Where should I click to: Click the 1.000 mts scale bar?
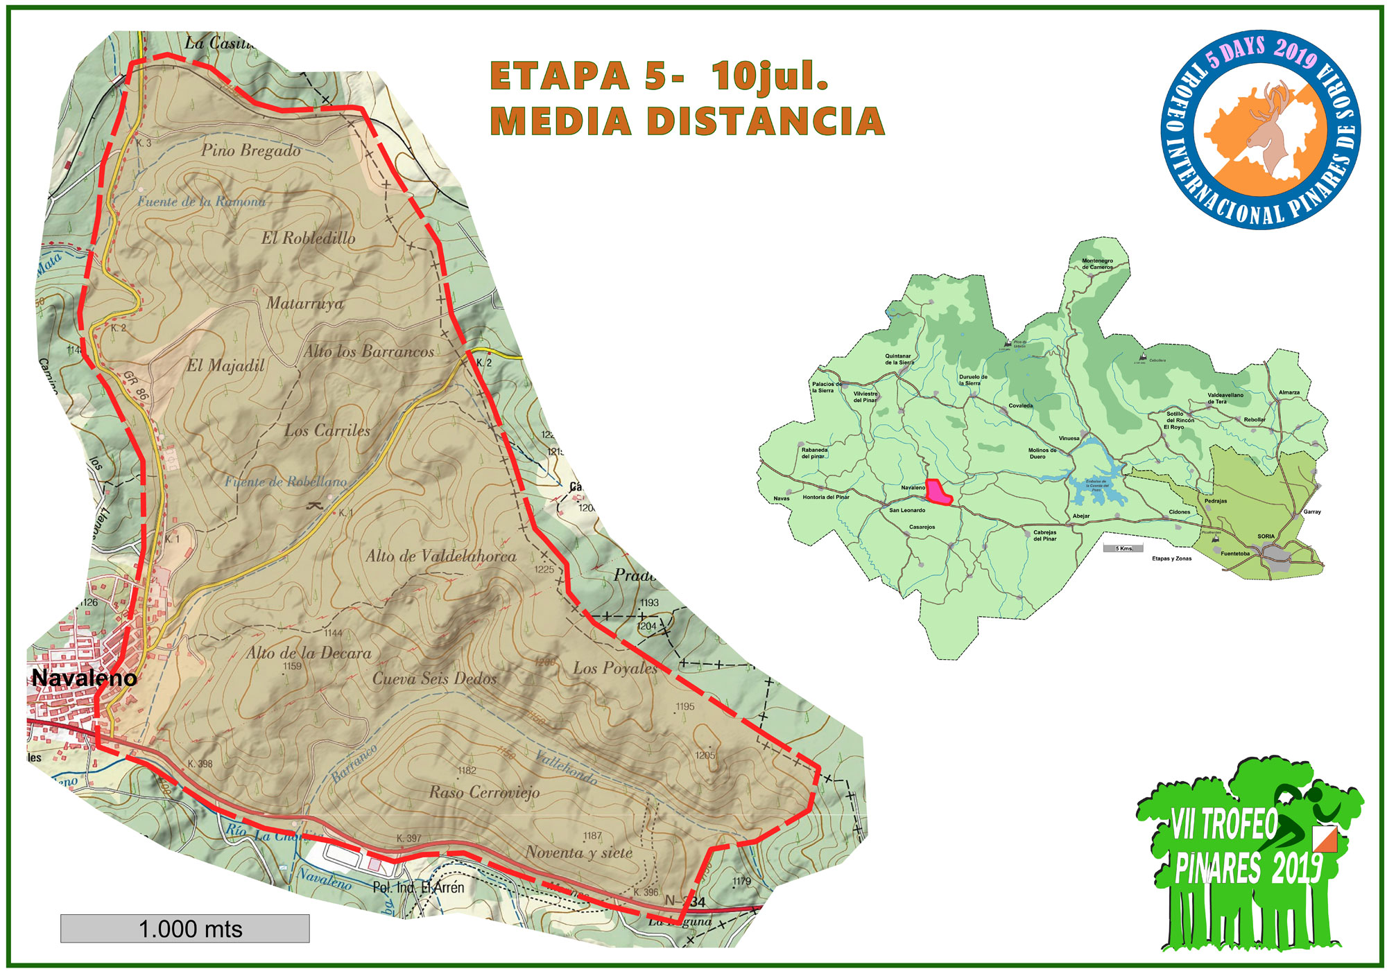click(x=184, y=928)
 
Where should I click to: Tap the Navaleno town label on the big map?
click(x=84, y=677)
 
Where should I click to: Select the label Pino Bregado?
click(x=250, y=150)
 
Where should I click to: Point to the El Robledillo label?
click(x=308, y=238)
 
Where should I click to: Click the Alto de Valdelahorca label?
click(x=441, y=556)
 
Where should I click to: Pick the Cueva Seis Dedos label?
click(x=434, y=679)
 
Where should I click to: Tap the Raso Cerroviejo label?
click(x=484, y=791)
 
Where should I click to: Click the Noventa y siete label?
click(x=579, y=852)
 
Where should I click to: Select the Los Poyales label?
click(x=615, y=668)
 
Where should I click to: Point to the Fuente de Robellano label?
click(x=285, y=482)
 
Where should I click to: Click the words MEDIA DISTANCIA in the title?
click(x=687, y=121)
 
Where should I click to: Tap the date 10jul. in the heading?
click(x=770, y=76)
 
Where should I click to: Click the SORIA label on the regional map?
click(x=1266, y=536)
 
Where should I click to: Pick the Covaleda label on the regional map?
click(x=1020, y=405)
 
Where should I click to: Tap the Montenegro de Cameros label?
click(x=1097, y=263)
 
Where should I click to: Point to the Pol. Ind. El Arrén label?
click(x=418, y=887)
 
